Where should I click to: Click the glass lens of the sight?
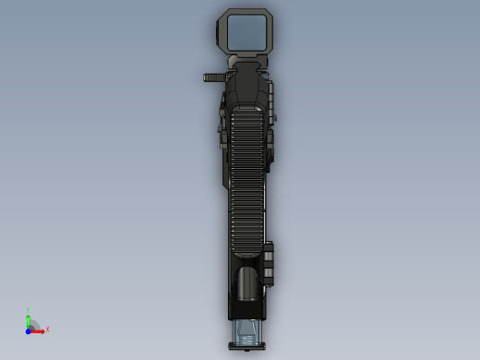coord(247,31)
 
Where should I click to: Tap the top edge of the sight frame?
coord(247,11)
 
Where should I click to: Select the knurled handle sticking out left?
coord(214,78)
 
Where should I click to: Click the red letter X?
coord(47,329)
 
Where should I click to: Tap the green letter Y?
coord(29,311)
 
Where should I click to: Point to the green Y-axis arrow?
coord(29,320)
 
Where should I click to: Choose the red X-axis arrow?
coord(39,330)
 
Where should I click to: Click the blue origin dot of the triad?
coord(29,330)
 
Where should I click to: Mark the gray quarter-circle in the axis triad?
coord(34,325)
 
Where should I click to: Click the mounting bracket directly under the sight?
coord(246,61)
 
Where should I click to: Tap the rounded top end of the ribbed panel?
coord(246,110)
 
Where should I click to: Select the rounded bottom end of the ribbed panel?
coord(246,251)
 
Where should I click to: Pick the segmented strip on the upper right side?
coord(272,102)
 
